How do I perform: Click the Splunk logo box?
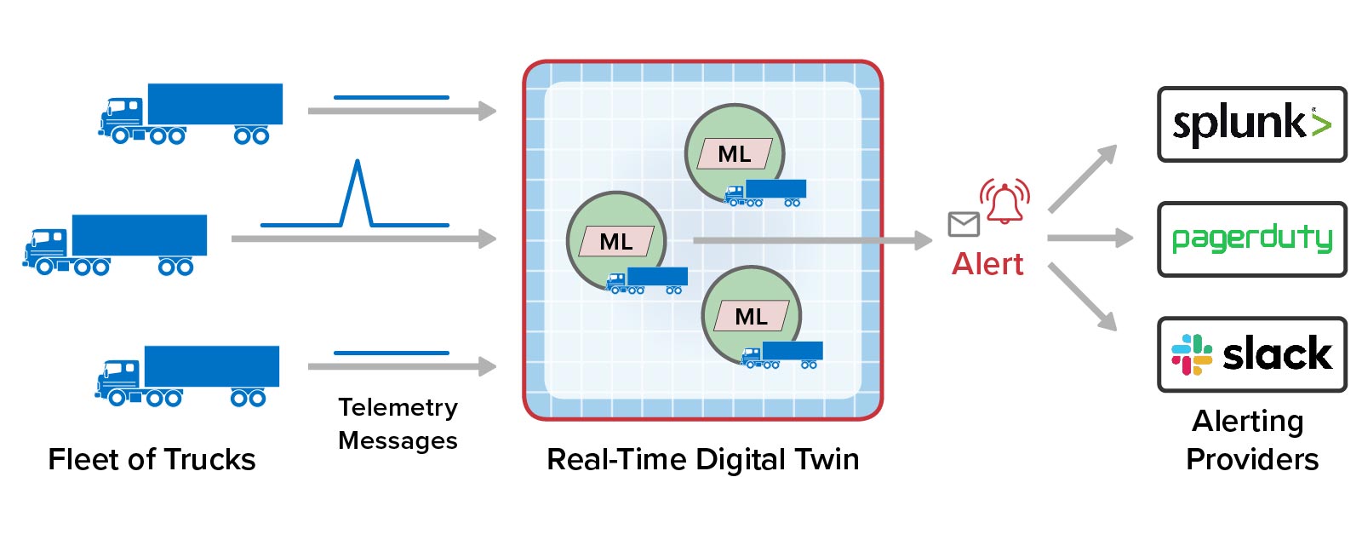pyautogui.click(x=1251, y=124)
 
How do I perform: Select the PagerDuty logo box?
pyautogui.click(x=1251, y=239)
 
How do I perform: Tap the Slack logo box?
pyautogui.click(x=1251, y=354)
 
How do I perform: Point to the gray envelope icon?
pyautogui.click(x=964, y=224)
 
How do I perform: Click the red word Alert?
pyautogui.click(x=987, y=264)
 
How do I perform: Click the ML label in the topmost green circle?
pyautogui.click(x=735, y=154)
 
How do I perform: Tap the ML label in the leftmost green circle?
pyautogui.click(x=616, y=242)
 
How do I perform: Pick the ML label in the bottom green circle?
pyautogui.click(x=752, y=317)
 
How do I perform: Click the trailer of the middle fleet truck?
pyautogui.click(x=140, y=235)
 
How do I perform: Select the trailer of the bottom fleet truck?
pyautogui.click(x=212, y=366)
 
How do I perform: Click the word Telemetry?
pyautogui.click(x=398, y=408)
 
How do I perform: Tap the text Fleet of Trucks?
pyautogui.click(x=152, y=460)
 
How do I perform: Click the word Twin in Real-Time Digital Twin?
pyautogui.click(x=827, y=460)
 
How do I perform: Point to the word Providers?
pyautogui.click(x=1251, y=460)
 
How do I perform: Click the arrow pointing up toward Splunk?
pyautogui.click(x=1083, y=179)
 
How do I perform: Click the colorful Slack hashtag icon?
pyautogui.click(x=1192, y=354)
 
